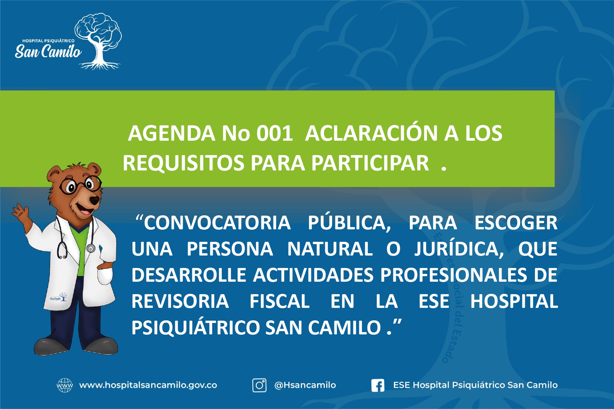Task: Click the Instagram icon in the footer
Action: click(259, 385)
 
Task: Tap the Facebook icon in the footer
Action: click(378, 385)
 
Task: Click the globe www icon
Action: click(65, 385)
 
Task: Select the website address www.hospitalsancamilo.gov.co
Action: click(148, 385)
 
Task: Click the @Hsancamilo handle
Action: click(305, 385)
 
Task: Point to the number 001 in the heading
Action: click(274, 133)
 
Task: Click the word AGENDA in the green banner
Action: click(172, 133)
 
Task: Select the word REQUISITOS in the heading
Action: click(183, 163)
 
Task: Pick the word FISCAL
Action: click(279, 301)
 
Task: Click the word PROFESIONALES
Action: click(454, 275)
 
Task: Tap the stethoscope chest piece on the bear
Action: click(91, 248)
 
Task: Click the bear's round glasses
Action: click(80, 185)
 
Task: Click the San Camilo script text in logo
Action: click(48, 52)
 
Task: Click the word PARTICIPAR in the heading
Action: click(370, 163)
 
